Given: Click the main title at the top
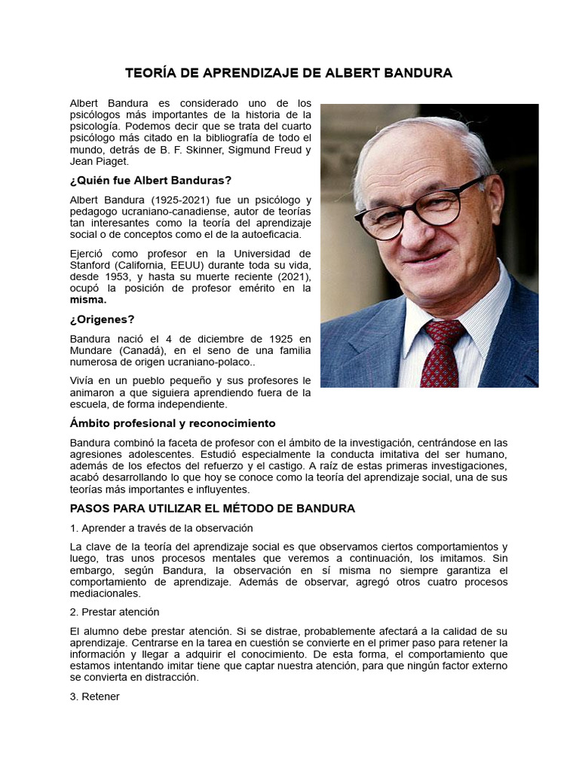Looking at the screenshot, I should (x=289, y=73).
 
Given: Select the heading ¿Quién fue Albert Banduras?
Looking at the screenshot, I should (x=150, y=181).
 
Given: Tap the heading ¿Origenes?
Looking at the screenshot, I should (x=102, y=319).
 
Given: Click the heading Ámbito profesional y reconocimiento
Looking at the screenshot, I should (x=173, y=423).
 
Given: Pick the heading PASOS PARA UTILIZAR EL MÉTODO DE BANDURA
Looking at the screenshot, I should (x=212, y=508).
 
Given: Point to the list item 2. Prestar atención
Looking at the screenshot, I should (x=115, y=611).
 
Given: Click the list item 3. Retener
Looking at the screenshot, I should (x=94, y=696).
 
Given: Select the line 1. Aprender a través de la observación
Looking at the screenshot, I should (x=161, y=528).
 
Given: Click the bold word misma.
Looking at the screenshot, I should (x=88, y=299).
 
